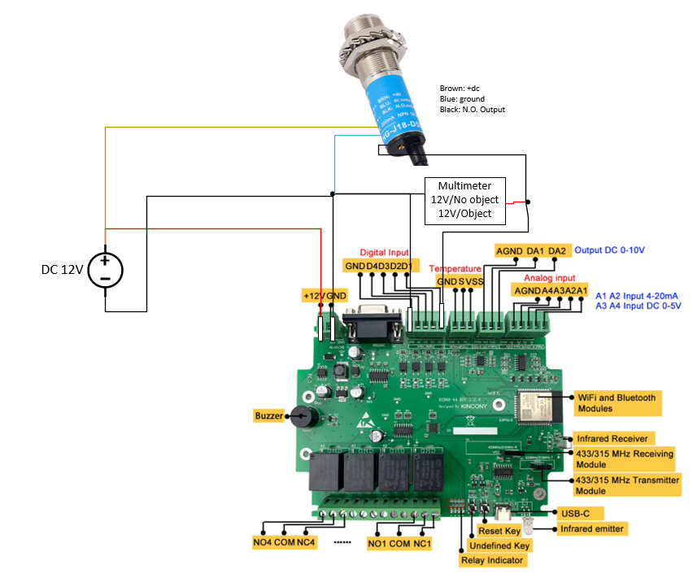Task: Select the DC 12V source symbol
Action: pos(105,269)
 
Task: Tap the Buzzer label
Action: pos(268,415)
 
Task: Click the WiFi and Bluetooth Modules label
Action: pos(617,402)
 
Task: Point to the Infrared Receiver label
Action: pos(611,438)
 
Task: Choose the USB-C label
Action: pos(569,513)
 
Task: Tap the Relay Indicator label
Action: pos(492,560)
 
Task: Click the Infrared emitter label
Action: pos(592,528)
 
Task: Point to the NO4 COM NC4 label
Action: pos(284,542)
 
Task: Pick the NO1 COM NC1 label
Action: pos(399,543)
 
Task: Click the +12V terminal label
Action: pos(313,294)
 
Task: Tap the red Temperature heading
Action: pos(455,268)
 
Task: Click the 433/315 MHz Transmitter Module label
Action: pos(626,485)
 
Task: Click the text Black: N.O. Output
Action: pos(472,109)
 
